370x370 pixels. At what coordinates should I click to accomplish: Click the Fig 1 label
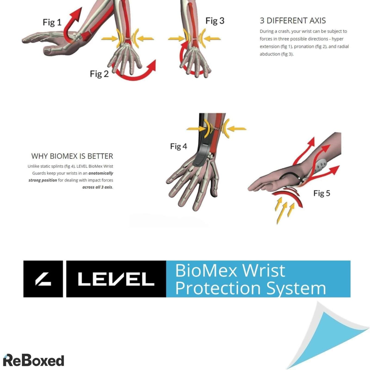52,23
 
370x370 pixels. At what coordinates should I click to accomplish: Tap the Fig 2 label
99,74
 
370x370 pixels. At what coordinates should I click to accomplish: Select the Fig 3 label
215,21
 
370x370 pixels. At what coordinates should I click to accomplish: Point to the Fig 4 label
179,146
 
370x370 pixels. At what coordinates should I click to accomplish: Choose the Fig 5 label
322,193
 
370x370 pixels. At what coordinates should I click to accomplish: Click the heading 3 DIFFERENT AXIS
293,21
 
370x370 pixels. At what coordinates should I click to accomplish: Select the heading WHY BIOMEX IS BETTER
72,156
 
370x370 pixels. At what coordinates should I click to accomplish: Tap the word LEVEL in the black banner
116,279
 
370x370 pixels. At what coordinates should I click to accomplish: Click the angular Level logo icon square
43,279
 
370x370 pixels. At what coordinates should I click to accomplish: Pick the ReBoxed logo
33,360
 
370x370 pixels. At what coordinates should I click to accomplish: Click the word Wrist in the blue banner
264,271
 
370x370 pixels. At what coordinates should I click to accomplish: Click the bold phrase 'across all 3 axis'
97,187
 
